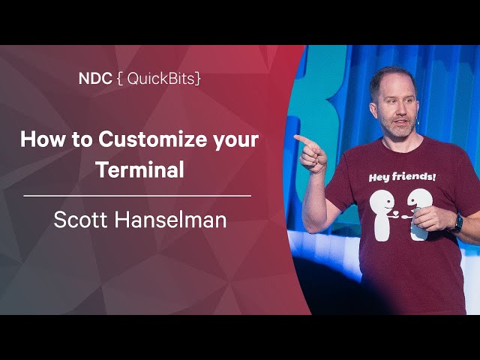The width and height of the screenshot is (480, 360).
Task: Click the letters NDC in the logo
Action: (x=95, y=79)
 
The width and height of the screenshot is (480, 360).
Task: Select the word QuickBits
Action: (x=160, y=79)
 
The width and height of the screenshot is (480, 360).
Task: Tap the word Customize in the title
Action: (x=152, y=139)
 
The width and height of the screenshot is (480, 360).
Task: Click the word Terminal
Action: (x=141, y=169)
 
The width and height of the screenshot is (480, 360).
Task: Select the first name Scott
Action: (x=80, y=220)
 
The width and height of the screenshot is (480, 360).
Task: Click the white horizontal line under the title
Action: (x=137, y=196)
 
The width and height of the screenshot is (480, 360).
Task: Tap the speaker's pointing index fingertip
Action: (x=296, y=137)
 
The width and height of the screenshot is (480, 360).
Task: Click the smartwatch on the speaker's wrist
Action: (x=457, y=223)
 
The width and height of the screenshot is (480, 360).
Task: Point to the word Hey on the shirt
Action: (x=378, y=177)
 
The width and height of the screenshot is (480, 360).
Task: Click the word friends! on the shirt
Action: (x=413, y=176)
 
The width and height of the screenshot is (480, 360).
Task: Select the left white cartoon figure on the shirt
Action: (x=382, y=214)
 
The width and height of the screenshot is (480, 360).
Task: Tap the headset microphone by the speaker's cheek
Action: (x=418, y=122)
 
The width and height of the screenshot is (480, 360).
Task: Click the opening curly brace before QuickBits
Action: (x=120, y=79)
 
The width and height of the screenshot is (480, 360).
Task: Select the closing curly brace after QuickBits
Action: (x=198, y=79)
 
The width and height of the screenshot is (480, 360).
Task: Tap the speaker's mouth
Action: (x=401, y=121)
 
